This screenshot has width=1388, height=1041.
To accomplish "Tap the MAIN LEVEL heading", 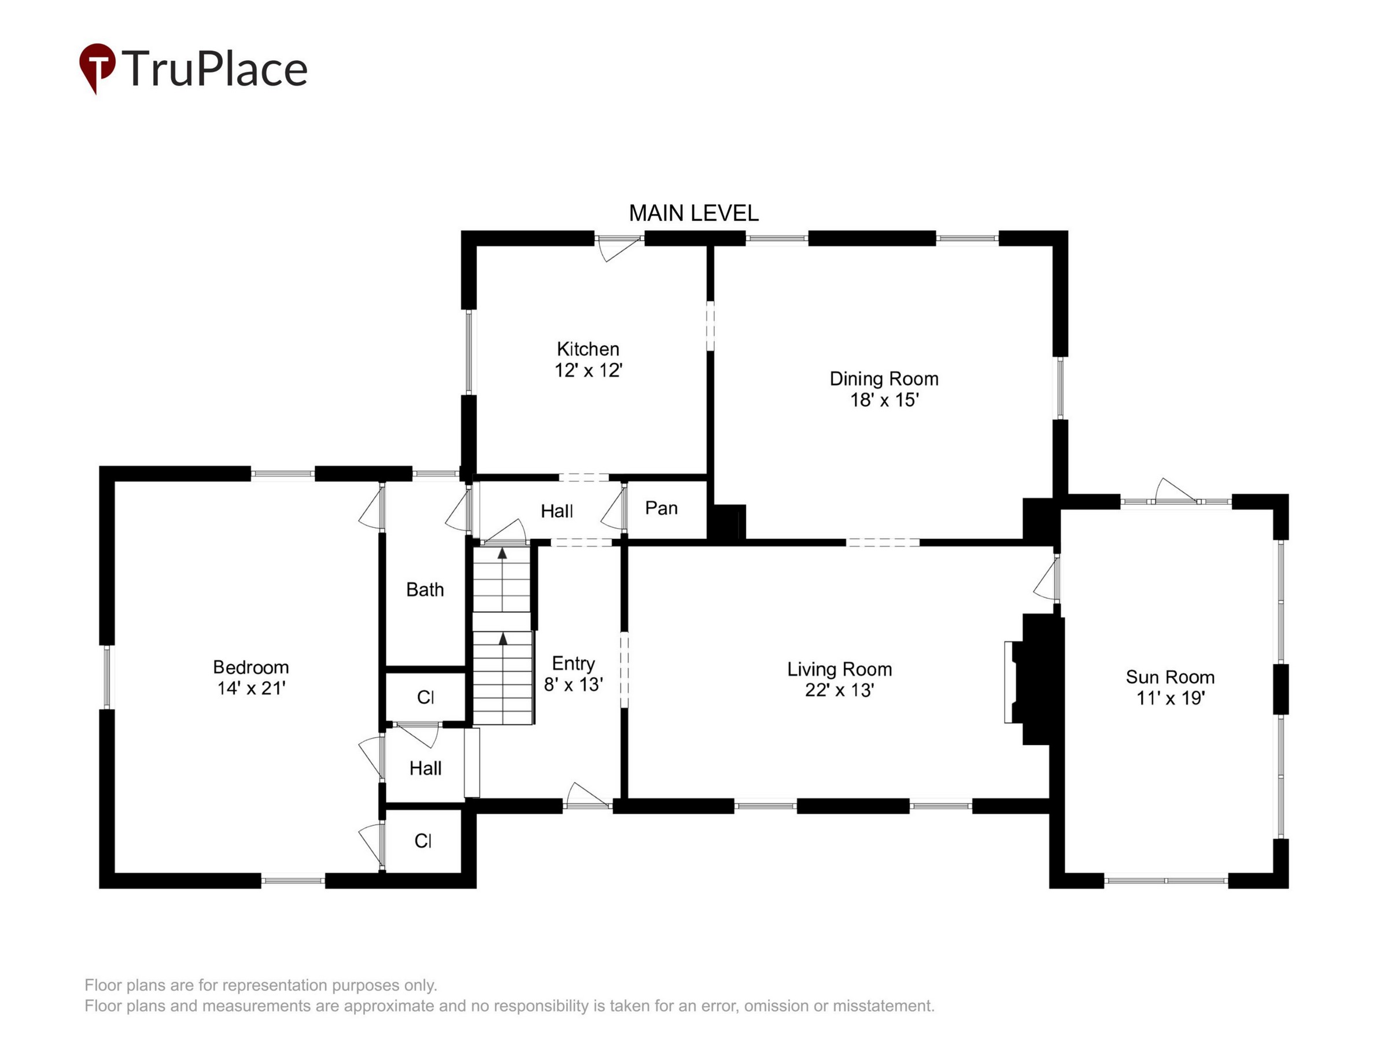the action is (693, 213).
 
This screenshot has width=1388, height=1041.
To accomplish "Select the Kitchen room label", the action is (588, 349).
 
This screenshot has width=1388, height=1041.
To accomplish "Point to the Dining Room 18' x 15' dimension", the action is (884, 400).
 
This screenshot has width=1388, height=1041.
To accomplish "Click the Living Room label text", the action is (840, 670).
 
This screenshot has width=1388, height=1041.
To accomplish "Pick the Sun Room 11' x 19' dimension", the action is (1171, 698).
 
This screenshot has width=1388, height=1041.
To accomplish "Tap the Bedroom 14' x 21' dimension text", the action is (251, 688).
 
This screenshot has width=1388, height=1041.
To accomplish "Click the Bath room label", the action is (425, 590).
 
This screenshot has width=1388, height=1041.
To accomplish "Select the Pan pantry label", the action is (662, 508).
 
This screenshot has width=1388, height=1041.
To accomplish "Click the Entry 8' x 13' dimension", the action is (574, 684).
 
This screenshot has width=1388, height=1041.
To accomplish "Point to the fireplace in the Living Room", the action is (1033, 680).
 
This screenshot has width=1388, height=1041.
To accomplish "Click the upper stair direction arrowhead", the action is (502, 553).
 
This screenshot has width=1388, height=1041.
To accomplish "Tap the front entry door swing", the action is (588, 795).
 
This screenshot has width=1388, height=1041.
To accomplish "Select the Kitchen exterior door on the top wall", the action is (619, 249).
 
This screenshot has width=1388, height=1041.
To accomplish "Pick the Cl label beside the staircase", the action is (426, 697).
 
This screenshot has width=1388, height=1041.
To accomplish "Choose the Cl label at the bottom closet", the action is (423, 841).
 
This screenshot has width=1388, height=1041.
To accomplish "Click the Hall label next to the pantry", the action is (556, 511).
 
